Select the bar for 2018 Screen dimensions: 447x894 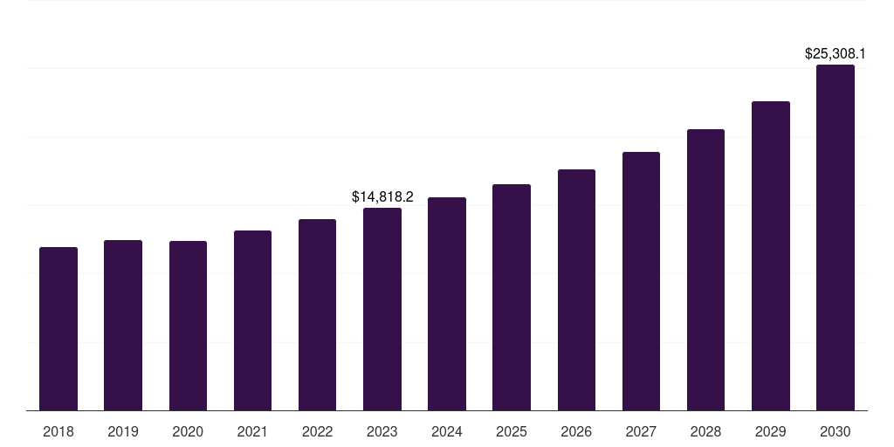tap(58, 329)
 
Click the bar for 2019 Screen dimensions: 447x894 tap(123, 326)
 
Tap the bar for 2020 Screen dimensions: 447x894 tap(188, 326)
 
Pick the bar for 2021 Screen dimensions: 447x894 tap(252, 320)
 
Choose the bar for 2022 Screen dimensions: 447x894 tap(317, 315)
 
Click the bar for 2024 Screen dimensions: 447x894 tap(447, 304)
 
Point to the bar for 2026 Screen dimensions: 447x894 tap(576, 290)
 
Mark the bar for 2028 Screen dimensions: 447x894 tap(705, 270)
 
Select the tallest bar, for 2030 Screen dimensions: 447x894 tap(836, 237)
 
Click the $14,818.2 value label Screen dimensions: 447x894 tap(382, 197)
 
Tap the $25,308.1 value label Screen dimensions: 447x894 tap(836, 54)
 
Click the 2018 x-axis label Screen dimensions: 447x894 tap(58, 431)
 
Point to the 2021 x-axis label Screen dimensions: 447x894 tap(252, 431)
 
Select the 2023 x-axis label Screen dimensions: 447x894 tap(382, 431)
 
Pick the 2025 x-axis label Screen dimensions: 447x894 tap(512, 431)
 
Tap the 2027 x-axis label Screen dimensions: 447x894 tap(641, 431)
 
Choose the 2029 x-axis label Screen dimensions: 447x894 tap(770, 431)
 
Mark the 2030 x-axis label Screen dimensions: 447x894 tap(836, 431)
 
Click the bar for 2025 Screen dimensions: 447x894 tap(512, 298)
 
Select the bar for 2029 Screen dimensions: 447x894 tap(770, 256)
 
